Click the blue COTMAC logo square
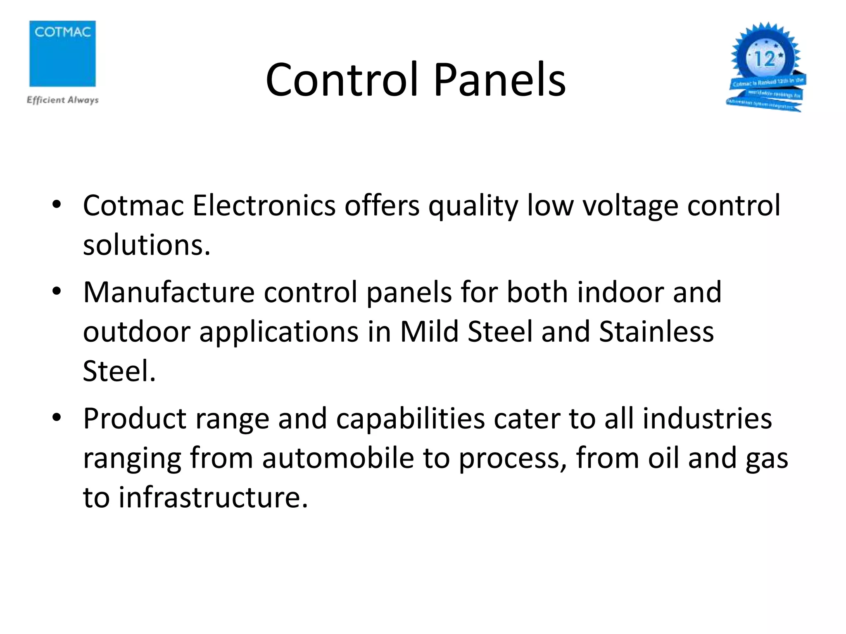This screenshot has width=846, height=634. point(62,54)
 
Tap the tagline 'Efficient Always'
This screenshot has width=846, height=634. point(62,100)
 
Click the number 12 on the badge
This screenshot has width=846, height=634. point(765,59)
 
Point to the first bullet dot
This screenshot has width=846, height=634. point(57,204)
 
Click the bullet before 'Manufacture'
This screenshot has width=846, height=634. point(57,291)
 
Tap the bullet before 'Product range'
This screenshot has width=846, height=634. point(57,418)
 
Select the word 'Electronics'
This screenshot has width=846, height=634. point(264,205)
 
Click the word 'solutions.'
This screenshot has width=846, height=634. point(147,245)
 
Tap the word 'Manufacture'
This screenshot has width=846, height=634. point(169,292)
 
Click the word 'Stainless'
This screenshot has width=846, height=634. point(656,331)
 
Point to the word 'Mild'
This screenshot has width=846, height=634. point(429,331)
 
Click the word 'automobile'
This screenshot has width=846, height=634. point(338,458)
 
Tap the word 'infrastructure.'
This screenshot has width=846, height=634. point(213,497)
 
